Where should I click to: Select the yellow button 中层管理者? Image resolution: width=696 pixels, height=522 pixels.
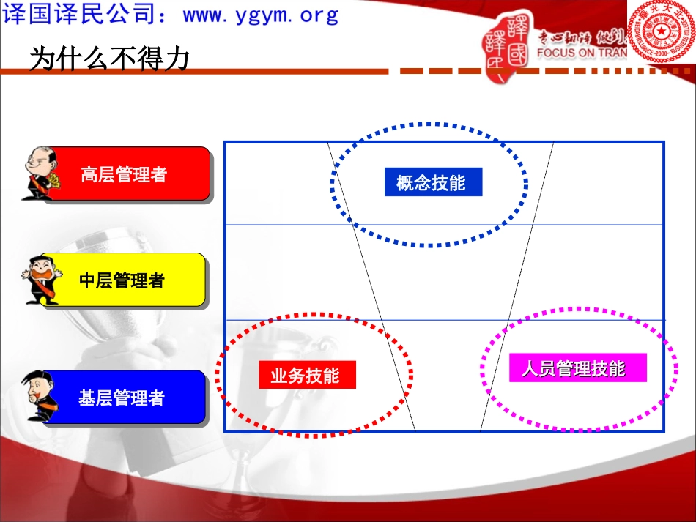point(122,280)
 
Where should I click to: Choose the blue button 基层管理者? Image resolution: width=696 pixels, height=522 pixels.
point(122,398)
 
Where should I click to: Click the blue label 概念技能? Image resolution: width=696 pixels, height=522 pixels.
point(432,182)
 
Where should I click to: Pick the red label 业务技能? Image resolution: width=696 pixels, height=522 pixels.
point(306,376)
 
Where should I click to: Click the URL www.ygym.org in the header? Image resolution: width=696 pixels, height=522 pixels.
point(261,15)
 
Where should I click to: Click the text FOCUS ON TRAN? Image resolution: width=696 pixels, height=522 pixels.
point(582,53)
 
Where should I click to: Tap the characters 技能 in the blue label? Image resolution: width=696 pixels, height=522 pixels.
point(449,182)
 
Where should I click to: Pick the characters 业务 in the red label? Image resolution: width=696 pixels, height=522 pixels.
point(288,376)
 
